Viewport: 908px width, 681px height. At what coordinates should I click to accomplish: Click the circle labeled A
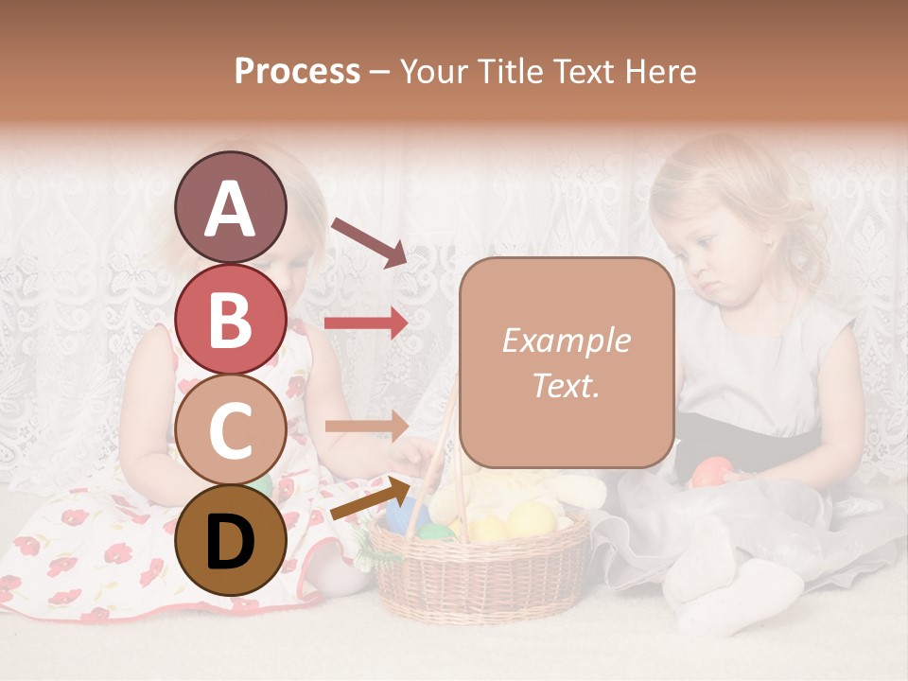[231, 207]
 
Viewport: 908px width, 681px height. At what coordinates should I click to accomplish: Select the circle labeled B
[231, 318]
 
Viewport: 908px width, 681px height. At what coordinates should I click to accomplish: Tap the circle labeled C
[231, 429]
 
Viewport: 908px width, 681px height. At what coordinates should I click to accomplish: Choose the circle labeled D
[231, 540]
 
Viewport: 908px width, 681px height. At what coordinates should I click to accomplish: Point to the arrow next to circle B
[366, 323]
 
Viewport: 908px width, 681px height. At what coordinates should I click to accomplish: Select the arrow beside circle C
[366, 427]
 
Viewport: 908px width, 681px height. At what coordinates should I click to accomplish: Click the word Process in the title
[297, 71]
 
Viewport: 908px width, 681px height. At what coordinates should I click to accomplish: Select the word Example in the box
[566, 340]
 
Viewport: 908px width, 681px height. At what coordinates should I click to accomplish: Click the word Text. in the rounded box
[566, 385]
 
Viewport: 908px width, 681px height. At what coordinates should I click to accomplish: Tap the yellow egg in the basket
[530, 519]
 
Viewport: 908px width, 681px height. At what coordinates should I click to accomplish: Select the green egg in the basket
[434, 532]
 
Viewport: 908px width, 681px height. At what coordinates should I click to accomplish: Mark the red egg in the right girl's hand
[711, 471]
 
